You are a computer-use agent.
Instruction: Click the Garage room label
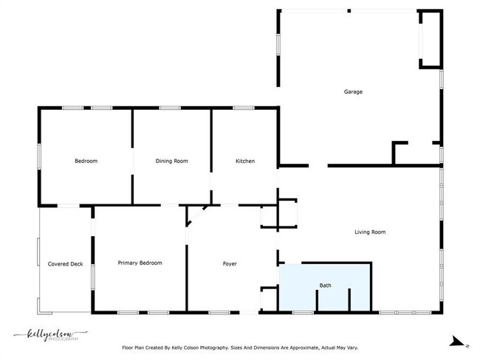(x=353, y=92)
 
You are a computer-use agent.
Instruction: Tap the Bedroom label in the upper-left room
(x=86, y=161)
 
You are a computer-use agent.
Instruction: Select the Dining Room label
(x=172, y=161)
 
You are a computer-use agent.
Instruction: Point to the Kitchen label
(x=245, y=161)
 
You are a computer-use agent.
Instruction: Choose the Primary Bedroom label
(x=140, y=263)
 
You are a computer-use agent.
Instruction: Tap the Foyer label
(x=230, y=263)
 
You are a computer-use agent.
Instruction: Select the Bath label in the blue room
(x=325, y=285)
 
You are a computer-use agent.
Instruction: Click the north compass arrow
(x=458, y=342)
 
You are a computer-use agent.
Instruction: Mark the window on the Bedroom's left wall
(x=39, y=157)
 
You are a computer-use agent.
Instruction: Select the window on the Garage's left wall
(x=278, y=44)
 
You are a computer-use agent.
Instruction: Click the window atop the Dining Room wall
(x=170, y=108)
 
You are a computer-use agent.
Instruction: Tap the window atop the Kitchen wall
(x=243, y=108)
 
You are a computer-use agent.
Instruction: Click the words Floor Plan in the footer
(x=136, y=347)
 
